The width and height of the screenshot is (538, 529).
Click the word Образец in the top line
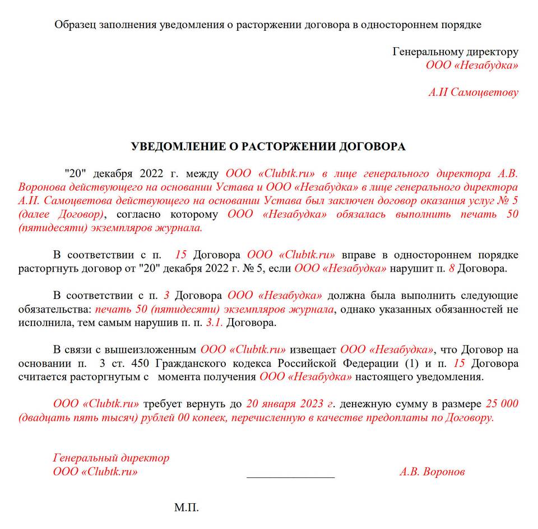74,25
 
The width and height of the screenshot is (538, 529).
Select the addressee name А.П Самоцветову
473,93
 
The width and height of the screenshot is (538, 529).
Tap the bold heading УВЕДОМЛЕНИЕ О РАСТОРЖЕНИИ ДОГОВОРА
268,147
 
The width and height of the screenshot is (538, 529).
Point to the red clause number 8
451,269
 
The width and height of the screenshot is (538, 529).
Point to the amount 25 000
502,404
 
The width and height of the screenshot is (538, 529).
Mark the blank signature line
290,476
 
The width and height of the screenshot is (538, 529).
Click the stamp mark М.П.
187,508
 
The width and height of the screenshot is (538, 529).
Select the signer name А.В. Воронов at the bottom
432,472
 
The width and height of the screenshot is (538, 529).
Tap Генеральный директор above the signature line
111,458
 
